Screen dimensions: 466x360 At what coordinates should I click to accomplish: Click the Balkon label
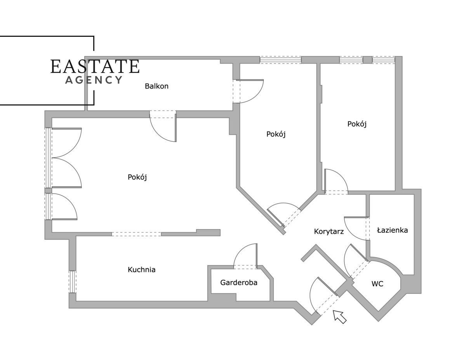pyautogui.click(x=156, y=86)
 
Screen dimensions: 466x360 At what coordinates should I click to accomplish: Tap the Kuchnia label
pyautogui.click(x=141, y=269)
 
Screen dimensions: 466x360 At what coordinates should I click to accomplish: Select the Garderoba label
pyautogui.click(x=239, y=282)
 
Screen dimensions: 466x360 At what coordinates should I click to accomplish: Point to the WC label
pyautogui.click(x=377, y=284)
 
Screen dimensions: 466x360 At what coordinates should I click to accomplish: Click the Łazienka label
pyautogui.click(x=392, y=230)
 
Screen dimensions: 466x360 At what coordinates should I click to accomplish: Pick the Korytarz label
pyautogui.click(x=329, y=231)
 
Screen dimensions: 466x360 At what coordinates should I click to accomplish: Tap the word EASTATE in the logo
pyautogui.click(x=95, y=66)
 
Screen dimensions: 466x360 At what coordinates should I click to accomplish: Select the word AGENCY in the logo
pyautogui.click(x=94, y=80)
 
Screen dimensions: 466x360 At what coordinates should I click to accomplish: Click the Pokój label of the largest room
pyautogui.click(x=137, y=177)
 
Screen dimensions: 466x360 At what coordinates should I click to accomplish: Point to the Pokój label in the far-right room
pyautogui.click(x=357, y=124)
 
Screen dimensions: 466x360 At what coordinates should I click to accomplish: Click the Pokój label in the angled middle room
pyautogui.click(x=276, y=134)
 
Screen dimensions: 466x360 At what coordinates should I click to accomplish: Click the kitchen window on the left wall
pyautogui.click(x=72, y=282)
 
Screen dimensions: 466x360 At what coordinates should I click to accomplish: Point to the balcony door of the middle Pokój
pyautogui.click(x=249, y=92)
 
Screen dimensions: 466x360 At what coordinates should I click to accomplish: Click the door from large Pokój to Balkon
pyautogui.click(x=163, y=126)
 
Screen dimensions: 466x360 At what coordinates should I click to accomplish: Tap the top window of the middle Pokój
pyautogui.click(x=280, y=59)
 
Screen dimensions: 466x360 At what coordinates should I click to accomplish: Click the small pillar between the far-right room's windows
pyautogui.click(x=368, y=60)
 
